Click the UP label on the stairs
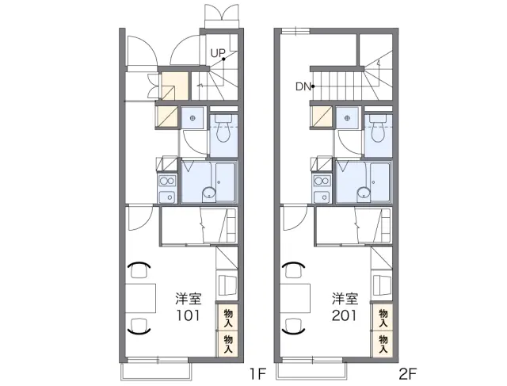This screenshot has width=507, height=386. click(x=217, y=53)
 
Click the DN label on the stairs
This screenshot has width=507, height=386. click(x=303, y=86)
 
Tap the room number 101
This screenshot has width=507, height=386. click(x=189, y=315)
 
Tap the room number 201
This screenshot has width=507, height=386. click(x=345, y=315)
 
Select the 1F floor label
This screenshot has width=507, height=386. click(x=257, y=374)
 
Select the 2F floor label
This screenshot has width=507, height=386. click(x=407, y=374)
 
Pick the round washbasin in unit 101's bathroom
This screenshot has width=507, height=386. click(x=209, y=194)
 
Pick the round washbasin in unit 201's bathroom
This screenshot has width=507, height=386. click(x=364, y=194)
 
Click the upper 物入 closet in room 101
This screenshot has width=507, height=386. click(x=228, y=317)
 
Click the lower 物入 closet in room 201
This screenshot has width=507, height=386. click(x=383, y=344)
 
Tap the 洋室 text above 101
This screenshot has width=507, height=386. click(x=189, y=299)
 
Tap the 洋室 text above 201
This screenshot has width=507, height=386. click(x=345, y=299)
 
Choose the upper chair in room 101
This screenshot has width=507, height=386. click(x=139, y=269)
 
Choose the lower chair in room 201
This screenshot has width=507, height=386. click(x=294, y=326)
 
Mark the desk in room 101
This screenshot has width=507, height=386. click(x=141, y=298)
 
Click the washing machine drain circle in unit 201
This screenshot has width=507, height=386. click(x=347, y=118)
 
